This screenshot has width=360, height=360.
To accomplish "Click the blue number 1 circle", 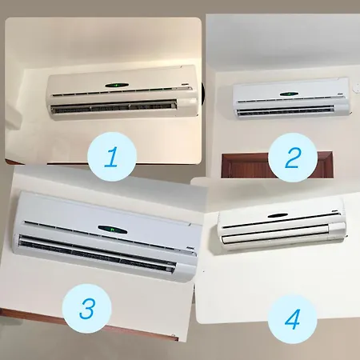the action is pyautogui.click(x=112, y=157).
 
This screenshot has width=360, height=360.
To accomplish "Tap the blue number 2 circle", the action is pyautogui.click(x=293, y=158).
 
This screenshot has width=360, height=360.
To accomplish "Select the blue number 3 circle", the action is pyautogui.click(x=86, y=309).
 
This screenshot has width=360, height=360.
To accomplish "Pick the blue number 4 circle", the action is pyautogui.click(x=293, y=319).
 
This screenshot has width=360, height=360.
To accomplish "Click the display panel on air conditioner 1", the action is pyautogui.click(x=117, y=86).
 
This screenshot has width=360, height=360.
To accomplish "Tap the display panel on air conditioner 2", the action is pyautogui.click(x=289, y=94).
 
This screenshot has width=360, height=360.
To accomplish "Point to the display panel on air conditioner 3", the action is pyautogui.click(x=113, y=229).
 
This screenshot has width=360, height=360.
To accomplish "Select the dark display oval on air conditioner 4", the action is pyautogui.click(x=278, y=215).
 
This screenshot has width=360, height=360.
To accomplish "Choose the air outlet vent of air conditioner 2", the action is pyautogui.click(x=286, y=110).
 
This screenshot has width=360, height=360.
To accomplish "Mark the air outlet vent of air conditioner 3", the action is pyautogui.click(x=98, y=254).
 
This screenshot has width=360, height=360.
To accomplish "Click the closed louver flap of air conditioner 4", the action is pyautogui.click(x=275, y=234).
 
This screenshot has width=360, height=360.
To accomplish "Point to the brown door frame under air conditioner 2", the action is pyautogui.click(x=277, y=165).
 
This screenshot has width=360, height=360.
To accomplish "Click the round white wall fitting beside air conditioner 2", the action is pyautogui.click(x=357, y=88).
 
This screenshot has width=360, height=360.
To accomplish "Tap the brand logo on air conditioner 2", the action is pyautogui.click(x=340, y=94).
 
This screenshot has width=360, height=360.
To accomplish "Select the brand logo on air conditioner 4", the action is pyautogui.click(x=335, y=212).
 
